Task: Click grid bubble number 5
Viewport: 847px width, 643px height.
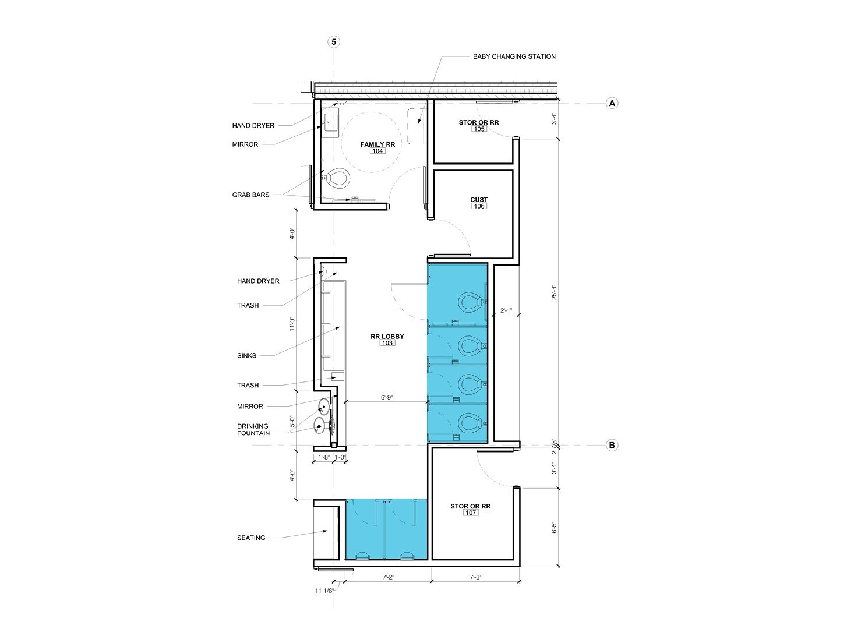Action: pos(334,42)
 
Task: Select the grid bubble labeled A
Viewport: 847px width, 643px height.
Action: pos(612,103)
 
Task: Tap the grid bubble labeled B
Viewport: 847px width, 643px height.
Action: pos(612,445)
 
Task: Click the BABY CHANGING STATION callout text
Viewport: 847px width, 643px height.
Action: pos(514,56)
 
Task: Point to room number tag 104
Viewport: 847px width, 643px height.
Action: pos(377,151)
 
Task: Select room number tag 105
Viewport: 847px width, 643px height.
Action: pos(479,129)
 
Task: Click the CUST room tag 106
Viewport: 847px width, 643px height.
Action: pos(479,206)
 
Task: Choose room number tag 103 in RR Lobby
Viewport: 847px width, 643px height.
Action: pos(387,343)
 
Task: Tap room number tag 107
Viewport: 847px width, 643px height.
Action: pos(471,513)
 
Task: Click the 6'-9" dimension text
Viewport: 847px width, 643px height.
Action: pos(387,398)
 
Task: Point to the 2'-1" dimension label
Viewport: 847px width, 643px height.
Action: pos(506,311)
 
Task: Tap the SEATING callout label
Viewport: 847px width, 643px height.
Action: pos(251,538)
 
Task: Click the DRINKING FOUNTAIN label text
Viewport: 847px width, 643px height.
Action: pos(253,429)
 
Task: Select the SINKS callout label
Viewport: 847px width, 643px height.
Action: pos(246,355)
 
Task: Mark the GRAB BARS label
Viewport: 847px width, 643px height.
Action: pos(250,195)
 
